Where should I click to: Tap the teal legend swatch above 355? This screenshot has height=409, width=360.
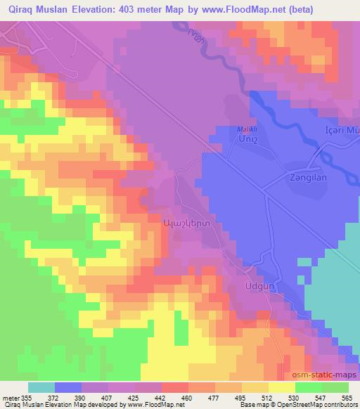41,387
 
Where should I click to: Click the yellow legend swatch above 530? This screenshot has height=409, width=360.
283,387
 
